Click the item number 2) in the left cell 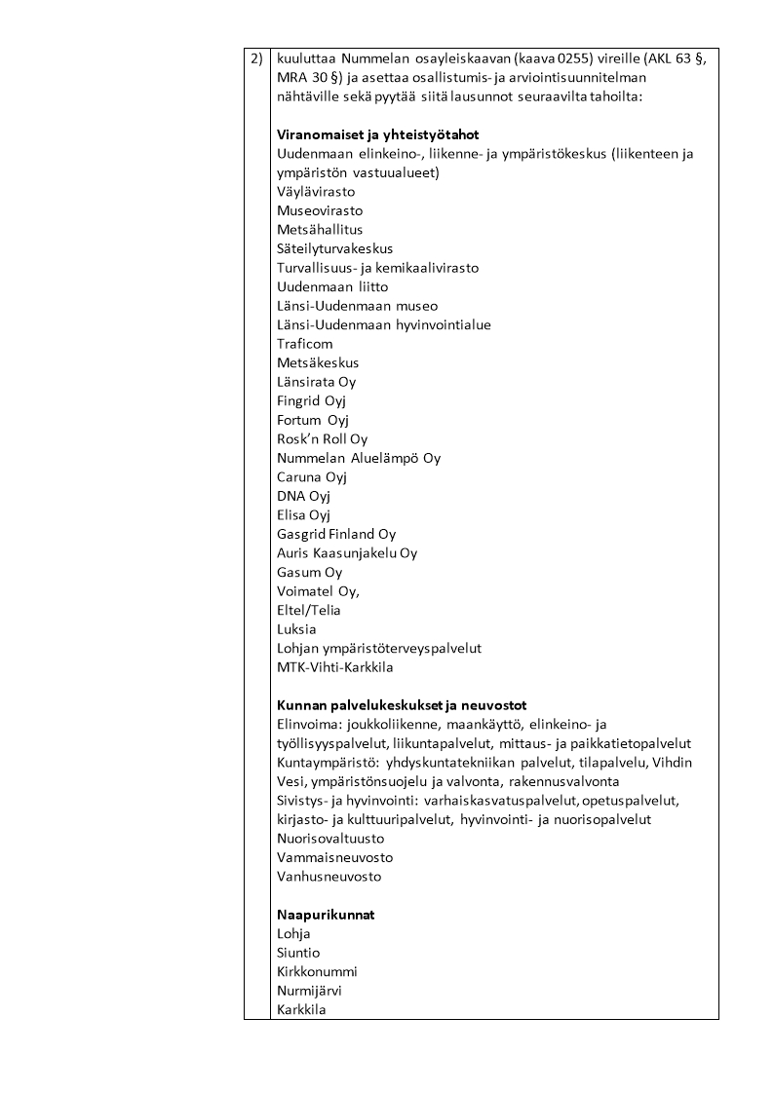256,58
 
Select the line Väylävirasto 316,192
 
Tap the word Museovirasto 320,210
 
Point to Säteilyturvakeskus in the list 334,248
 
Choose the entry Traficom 304,344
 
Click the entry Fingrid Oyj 312,400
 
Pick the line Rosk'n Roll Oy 323,438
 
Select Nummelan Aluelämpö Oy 359,458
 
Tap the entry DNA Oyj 303,496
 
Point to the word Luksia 296,629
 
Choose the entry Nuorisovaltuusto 330,838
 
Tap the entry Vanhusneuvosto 329,876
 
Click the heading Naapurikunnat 326,915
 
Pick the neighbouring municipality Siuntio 298,953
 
